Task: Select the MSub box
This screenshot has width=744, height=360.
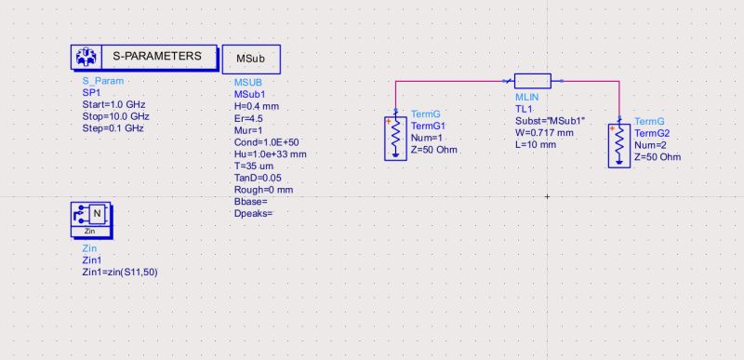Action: (251, 58)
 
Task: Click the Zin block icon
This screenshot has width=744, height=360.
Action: (90, 217)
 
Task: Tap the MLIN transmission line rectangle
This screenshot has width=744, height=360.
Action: (533, 81)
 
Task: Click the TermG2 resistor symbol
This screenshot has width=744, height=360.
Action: (619, 144)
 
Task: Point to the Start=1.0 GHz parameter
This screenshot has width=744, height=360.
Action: (114, 105)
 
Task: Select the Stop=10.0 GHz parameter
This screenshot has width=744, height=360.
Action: (116, 116)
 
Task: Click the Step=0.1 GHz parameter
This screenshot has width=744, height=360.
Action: (113, 127)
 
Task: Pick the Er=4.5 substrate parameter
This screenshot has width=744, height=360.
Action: (248, 118)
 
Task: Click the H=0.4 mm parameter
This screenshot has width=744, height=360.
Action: (256, 107)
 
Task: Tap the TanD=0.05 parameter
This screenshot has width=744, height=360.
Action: (258, 178)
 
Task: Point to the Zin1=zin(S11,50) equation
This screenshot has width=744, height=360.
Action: (126, 271)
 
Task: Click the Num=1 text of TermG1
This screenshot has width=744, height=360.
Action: (427, 138)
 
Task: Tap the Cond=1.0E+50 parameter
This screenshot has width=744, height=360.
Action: (264, 142)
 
